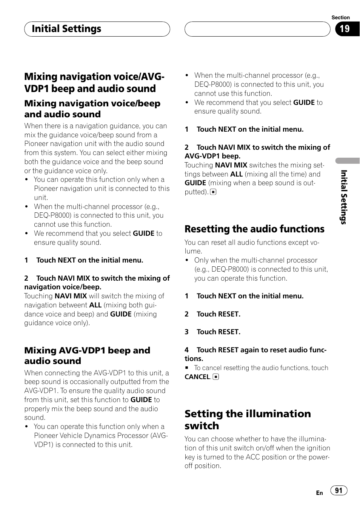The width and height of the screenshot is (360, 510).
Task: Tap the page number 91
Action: (x=338, y=490)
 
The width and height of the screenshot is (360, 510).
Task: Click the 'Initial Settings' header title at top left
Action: (x=66, y=29)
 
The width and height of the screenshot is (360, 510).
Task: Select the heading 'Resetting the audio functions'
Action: (x=254, y=229)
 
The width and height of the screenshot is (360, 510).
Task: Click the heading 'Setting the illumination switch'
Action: (x=248, y=419)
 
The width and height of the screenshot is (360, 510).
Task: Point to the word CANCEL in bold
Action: (x=197, y=377)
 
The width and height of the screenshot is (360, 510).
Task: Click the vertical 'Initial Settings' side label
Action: (x=343, y=197)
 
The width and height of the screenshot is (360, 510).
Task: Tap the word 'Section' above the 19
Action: (x=340, y=17)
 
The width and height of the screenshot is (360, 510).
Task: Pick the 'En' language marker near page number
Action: (x=319, y=493)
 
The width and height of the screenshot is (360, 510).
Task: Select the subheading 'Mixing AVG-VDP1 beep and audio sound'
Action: (x=87, y=356)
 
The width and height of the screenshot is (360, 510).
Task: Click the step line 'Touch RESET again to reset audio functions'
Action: (x=255, y=354)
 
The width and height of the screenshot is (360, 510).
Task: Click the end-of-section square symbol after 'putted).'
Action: (x=213, y=192)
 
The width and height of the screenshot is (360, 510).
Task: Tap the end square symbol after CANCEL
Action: (x=216, y=377)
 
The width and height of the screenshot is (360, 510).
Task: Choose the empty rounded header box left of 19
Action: (x=257, y=29)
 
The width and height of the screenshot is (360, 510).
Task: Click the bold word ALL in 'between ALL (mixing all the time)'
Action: (x=236, y=174)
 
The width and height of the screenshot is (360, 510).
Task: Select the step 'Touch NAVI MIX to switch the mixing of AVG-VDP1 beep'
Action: (x=257, y=152)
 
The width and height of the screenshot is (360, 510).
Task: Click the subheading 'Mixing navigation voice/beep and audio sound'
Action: (x=92, y=109)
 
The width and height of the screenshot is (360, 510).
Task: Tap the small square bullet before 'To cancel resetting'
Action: (x=186, y=368)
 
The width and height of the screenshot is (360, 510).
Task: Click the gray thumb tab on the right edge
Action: (x=348, y=160)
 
